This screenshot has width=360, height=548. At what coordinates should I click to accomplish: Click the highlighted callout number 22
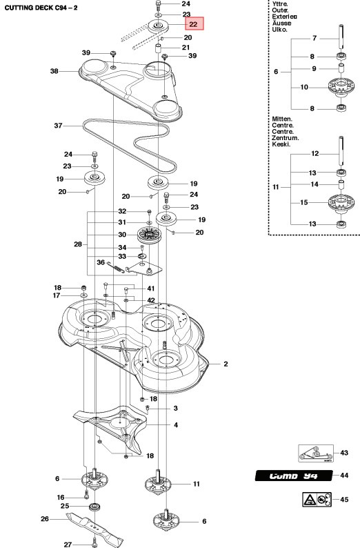pyautogui.click(x=194, y=24)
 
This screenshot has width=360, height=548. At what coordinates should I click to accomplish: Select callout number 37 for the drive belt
pyautogui.click(x=58, y=126)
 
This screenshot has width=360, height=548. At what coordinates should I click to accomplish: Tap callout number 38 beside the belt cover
pyautogui.click(x=54, y=70)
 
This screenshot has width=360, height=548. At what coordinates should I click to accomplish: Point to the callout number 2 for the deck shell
pyautogui.click(x=225, y=364)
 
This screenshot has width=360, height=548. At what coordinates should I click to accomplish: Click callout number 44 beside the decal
pyautogui.click(x=344, y=476)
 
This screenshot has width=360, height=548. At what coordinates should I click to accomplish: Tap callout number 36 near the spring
pyautogui.click(x=100, y=262)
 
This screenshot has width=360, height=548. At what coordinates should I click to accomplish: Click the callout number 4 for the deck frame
pyautogui.click(x=175, y=424)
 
